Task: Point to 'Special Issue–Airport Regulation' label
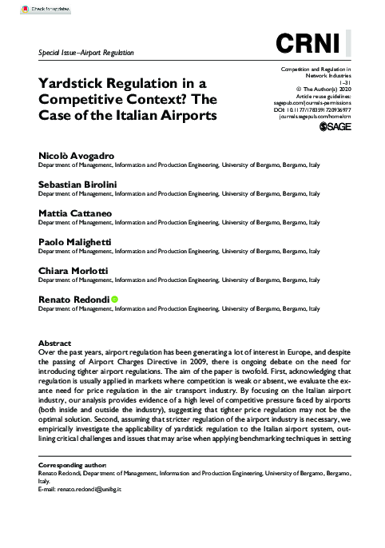tap(86, 53)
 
